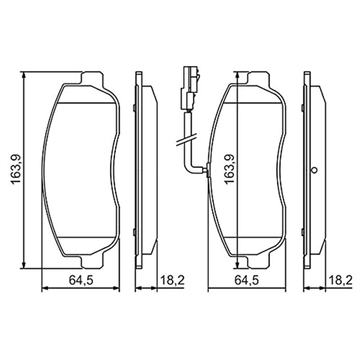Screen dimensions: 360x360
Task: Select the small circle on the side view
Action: click(315, 170)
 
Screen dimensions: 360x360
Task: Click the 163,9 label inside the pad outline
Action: click(229, 168)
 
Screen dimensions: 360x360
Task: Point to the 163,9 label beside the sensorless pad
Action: click(16, 168)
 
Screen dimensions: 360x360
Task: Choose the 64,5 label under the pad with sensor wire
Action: click(246, 280)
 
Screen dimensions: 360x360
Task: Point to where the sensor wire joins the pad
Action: click(206, 170)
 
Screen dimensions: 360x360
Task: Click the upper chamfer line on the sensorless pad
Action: click(85, 104)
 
